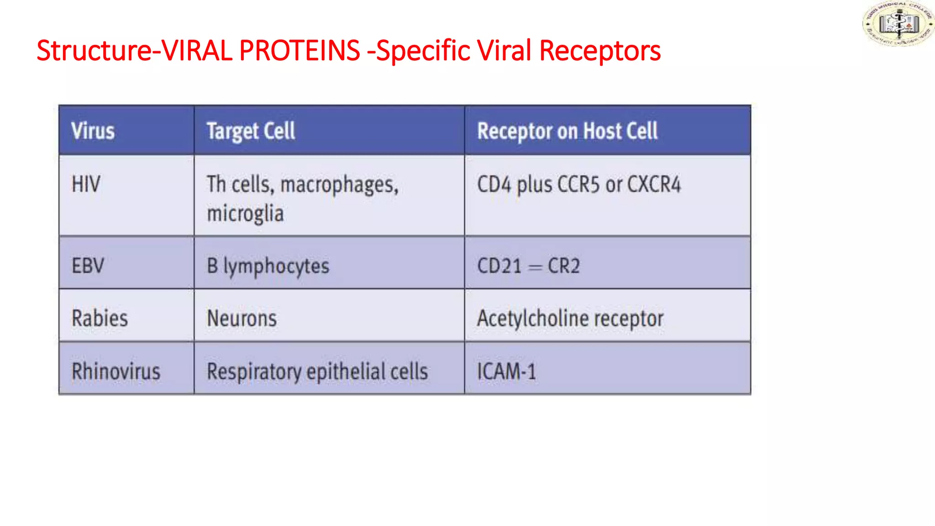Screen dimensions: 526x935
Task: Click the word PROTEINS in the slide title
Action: coord(299,50)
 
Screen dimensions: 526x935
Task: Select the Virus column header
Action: coord(93,131)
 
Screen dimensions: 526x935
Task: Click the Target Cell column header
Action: coord(251,131)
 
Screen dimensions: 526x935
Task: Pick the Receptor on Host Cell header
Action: coord(567,131)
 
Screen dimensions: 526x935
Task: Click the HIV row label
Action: coord(86,184)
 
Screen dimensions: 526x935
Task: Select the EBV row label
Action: coord(88,266)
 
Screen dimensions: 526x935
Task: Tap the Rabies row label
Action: coord(100,318)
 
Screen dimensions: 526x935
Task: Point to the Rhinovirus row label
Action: coord(116,371)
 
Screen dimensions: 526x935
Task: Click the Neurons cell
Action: coord(242,318)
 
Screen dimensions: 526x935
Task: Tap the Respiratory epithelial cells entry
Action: coord(317,372)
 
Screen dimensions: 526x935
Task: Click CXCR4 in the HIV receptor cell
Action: coord(654,184)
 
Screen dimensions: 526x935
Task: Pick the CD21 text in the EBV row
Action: coord(499,266)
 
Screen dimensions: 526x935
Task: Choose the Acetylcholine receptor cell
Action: coord(570,319)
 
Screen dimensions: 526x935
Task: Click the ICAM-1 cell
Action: coord(506,371)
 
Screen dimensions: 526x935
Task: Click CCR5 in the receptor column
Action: coord(578,184)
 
